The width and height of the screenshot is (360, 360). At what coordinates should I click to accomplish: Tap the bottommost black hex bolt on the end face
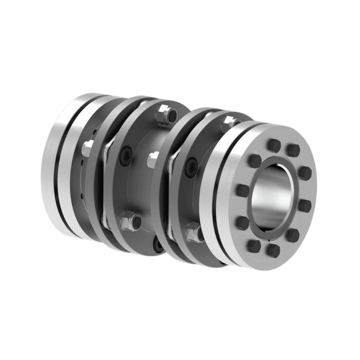click(273, 250)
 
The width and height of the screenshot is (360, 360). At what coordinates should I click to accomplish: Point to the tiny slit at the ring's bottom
click(269, 240)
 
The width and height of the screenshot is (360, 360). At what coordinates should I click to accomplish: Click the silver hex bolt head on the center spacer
click(153, 159)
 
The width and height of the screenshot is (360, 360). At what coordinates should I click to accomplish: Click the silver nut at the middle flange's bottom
click(130, 222)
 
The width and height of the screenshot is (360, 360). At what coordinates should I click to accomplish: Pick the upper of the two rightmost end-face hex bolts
click(305, 173)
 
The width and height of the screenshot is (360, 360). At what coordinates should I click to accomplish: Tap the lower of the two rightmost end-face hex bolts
click(304, 205)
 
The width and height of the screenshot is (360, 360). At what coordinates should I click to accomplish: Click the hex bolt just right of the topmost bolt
click(293, 150)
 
